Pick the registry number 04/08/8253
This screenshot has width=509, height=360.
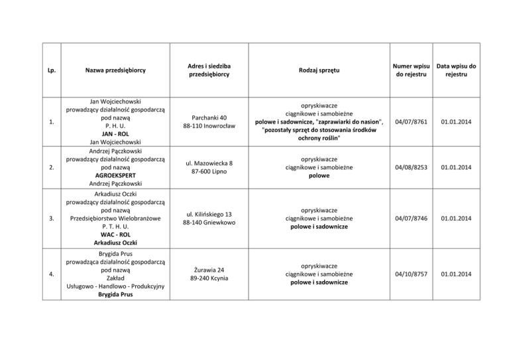pyautogui.click(x=410, y=167)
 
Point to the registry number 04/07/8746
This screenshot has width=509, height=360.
pyautogui.click(x=410, y=217)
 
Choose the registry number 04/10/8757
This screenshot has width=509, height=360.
pyautogui.click(x=410, y=274)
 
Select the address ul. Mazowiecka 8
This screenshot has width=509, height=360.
pyautogui.click(x=209, y=162)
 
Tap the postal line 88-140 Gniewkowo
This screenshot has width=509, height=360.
pyautogui.click(x=209, y=222)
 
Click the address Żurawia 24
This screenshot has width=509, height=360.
pyautogui.click(x=209, y=269)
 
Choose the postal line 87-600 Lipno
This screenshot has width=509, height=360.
pyautogui.click(x=209, y=172)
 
